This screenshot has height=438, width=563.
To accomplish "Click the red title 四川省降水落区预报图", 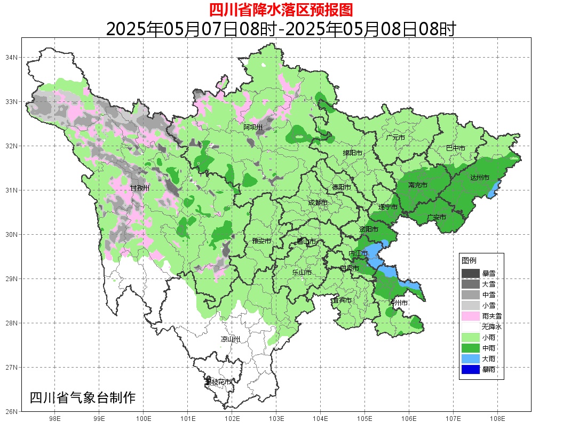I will (x=281, y=10).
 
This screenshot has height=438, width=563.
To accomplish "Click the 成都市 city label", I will (x=318, y=203).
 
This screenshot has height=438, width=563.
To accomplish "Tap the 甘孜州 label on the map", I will (x=140, y=188).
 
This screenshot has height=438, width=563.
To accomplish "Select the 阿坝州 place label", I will (x=253, y=127).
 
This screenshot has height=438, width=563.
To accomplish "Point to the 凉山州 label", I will (x=231, y=339).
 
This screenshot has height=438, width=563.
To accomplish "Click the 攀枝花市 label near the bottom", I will (x=219, y=382).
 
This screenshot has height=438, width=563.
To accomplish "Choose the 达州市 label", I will (x=479, y=178).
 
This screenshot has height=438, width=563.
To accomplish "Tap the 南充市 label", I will (x=417, y=185).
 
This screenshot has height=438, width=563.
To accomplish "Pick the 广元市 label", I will (x=395, y=138).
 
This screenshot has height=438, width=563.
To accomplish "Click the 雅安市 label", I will (x=261, y=241).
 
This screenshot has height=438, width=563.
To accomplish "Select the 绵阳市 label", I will (x=352, y=153).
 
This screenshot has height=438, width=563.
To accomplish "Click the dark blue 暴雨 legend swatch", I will (x=471, y=369).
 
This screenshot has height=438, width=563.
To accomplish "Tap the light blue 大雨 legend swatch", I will (x=471, y=359).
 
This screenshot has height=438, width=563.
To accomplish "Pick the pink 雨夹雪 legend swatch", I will (x=471, y=316).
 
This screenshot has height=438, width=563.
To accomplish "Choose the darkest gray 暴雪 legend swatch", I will (x=471, y=273).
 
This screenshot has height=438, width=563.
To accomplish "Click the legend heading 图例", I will (x=469, y=260).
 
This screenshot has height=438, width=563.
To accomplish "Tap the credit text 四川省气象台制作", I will (x=83, y=397).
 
